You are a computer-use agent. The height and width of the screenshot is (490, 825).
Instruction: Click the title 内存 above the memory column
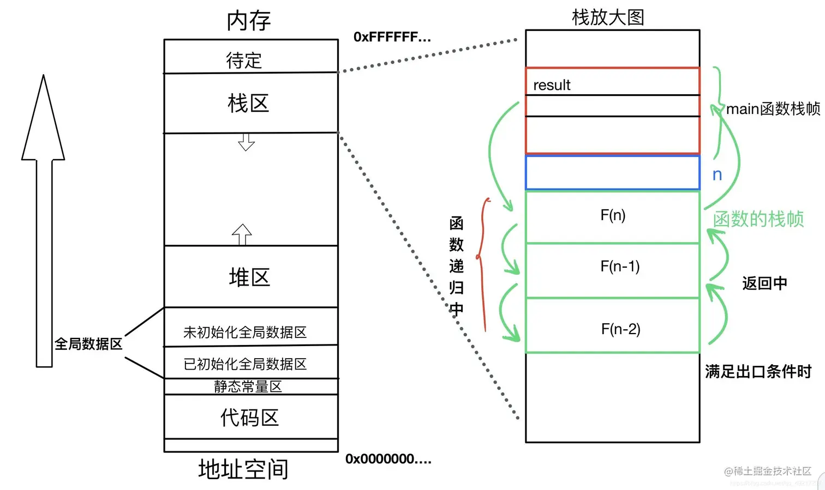(249, 21)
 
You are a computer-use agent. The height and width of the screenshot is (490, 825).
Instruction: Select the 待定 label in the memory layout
(244, 60)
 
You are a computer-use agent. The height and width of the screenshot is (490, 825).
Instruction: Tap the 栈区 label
(248, 103)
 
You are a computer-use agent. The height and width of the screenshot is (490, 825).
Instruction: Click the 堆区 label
(249, 277)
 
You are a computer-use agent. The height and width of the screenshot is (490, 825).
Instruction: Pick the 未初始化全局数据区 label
(245, 332)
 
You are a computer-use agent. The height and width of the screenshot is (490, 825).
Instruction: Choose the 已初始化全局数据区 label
(245, 364)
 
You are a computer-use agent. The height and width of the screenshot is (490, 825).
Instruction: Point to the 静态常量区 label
(248, 386)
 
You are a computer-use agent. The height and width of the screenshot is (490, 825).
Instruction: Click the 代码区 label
(249, 418)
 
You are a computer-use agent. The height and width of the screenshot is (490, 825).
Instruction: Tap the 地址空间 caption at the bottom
(243, 469)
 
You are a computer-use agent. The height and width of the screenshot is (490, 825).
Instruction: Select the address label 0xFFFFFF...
(392, 37)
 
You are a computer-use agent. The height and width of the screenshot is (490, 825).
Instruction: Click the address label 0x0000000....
(388, 459)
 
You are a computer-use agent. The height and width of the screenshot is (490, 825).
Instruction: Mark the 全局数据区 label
(88, 344)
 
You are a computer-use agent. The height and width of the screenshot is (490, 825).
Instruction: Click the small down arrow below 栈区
(246, 142)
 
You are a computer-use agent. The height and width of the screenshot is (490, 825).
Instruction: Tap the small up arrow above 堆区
(242, 234)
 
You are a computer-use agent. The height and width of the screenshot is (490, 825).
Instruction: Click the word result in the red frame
(552, 85)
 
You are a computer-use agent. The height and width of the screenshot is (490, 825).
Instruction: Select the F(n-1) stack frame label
(620, 266)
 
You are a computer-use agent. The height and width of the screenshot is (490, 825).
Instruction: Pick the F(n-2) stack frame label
(620, 329)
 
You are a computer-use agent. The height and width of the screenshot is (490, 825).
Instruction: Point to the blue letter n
(717, 174)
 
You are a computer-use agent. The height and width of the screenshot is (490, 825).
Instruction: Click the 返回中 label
(764, 283)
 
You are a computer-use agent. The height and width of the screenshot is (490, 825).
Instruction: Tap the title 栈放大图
(608, 17)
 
